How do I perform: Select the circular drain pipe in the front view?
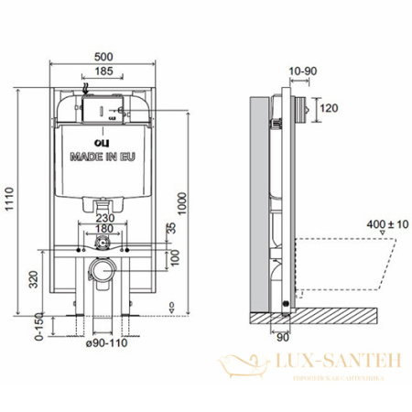point(102,270)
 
